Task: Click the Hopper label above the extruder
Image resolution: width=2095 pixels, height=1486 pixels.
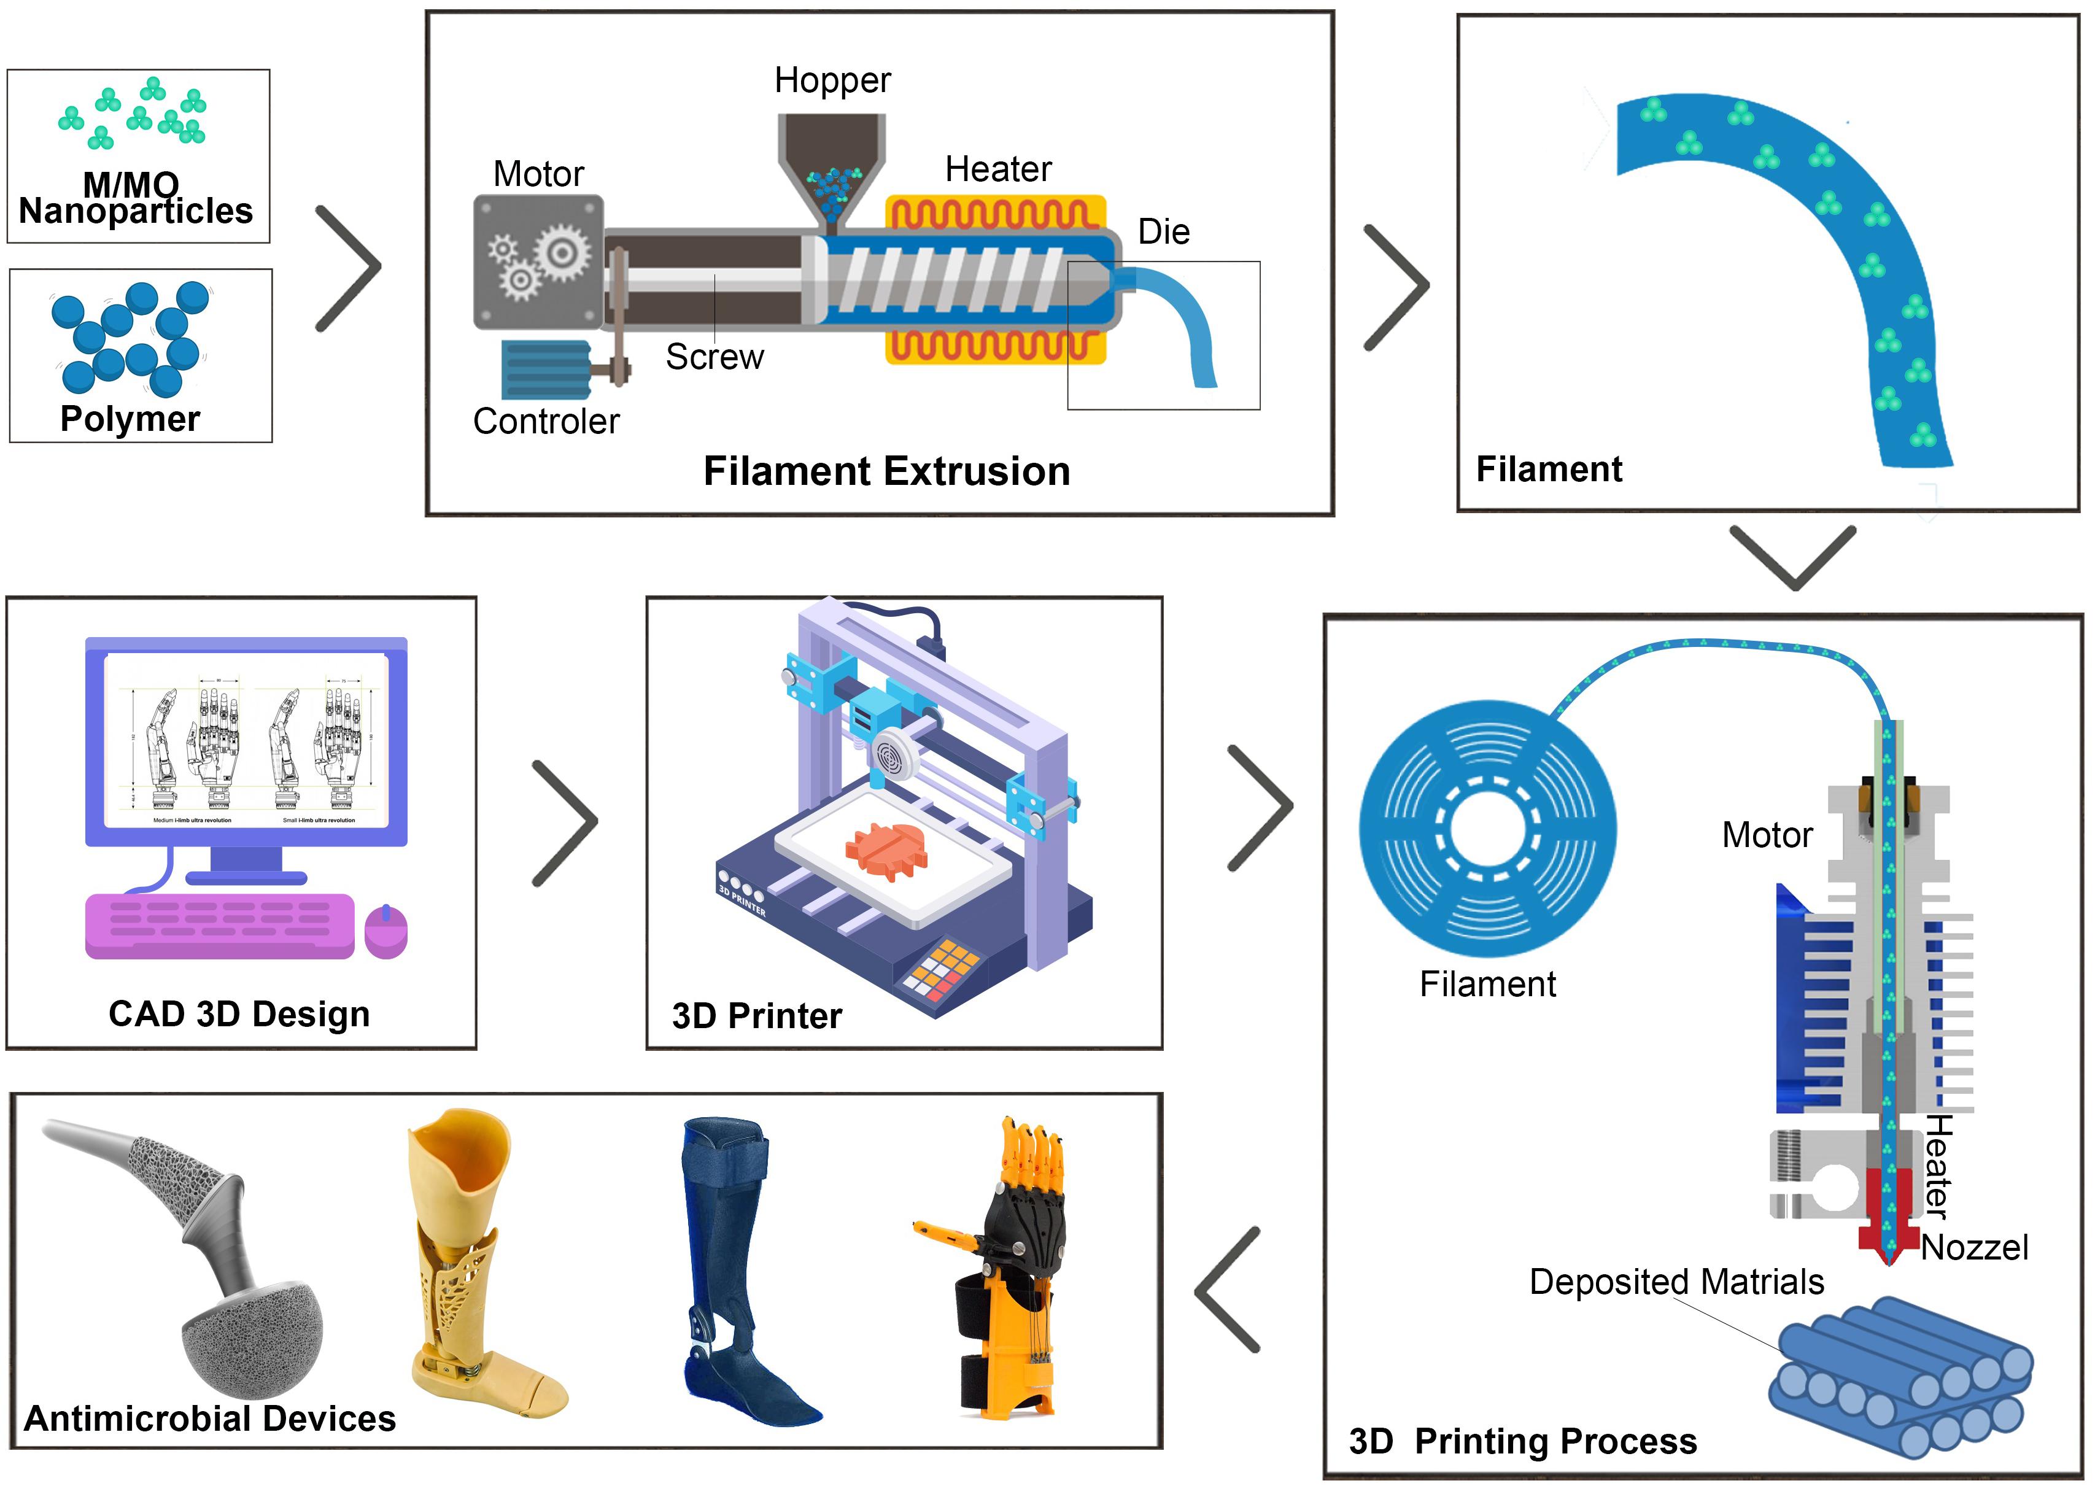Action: coord(832,80)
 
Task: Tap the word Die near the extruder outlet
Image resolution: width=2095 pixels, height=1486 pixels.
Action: coord(1164,231)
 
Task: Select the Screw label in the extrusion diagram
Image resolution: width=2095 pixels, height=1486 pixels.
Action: coord(714,357)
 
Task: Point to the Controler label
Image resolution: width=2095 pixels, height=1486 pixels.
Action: coord(546,421)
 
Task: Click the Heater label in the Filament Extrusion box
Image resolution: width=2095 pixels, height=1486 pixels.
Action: coord(998,169)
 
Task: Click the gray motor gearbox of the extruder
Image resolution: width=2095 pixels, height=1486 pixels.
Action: coord(538,261)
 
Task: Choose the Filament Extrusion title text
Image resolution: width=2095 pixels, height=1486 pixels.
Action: coord(886,471)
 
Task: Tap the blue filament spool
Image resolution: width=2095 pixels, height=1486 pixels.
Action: coord(1487,830)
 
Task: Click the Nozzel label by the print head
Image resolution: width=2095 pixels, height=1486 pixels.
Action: coord(1974,1247)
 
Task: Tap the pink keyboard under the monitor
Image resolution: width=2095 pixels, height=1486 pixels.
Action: coord(220,925)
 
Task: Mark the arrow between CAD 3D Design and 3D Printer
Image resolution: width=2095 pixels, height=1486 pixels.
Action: coord(565,824)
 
